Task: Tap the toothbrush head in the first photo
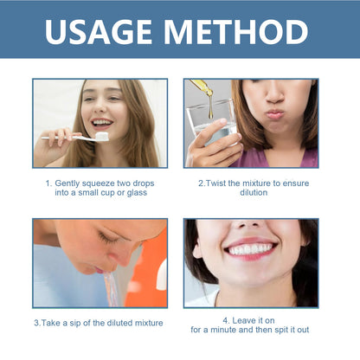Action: click(x=101, y=136)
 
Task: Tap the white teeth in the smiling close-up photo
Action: click(x=251, y=248)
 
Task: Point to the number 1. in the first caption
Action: click(x=48, y=183)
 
